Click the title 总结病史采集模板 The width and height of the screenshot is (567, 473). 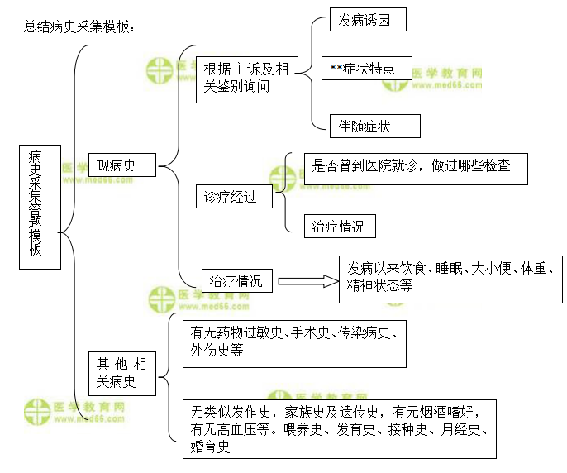click(79, 27)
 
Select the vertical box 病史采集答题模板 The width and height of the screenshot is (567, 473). click(39, 206)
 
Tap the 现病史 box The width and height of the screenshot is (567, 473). click(123, 165)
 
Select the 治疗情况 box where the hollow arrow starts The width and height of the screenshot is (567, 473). click(236, 281)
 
